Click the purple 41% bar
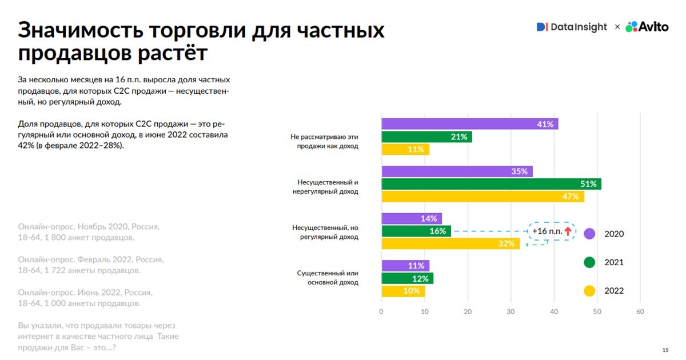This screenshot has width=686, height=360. coord(469,124)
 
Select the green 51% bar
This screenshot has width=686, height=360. coord(491,184)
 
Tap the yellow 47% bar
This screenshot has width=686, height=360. coord(482,197)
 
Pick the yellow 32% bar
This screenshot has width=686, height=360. coord(450,243)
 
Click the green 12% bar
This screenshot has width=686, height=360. coord(407,278)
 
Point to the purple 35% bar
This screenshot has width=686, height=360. coord(457,171)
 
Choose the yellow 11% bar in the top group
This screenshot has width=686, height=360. coord(405,149)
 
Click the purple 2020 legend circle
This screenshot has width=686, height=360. coord(589,234)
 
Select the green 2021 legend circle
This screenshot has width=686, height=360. coord(589,262)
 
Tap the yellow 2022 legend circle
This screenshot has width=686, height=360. coord(589,291)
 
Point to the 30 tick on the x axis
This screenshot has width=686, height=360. coord(510,312)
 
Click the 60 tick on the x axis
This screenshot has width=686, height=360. coord(640,312)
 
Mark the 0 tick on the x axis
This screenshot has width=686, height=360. coord(381,312)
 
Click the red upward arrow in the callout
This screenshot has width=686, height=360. coord(568,231)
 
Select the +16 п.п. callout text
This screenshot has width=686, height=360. coord(547,231)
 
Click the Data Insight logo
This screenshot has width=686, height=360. coord(572,27)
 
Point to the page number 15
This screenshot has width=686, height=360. coord(665,350)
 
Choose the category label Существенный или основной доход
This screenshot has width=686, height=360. coord(328,278)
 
